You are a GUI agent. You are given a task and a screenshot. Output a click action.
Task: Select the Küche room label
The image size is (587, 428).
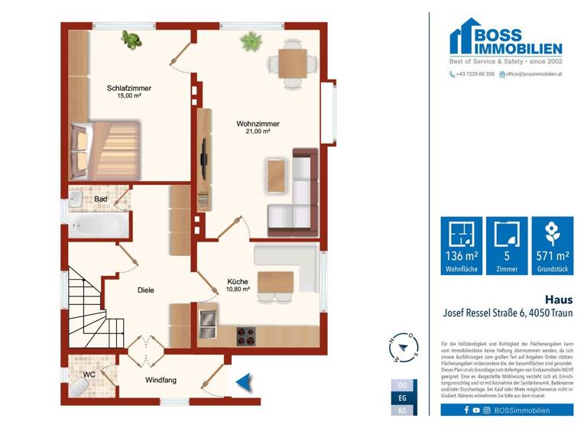click(238, 281)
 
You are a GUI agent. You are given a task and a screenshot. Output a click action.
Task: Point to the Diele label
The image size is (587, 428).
click(147, 290)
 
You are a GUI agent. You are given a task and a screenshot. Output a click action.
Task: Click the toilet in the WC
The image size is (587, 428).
click(79, 387)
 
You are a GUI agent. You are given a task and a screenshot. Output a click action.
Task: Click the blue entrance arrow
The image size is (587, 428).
click(244, 381)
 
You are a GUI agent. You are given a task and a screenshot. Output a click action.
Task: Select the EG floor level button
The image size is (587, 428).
click(403, 398)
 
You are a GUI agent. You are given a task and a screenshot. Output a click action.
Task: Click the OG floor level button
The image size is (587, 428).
click(403, 385)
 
